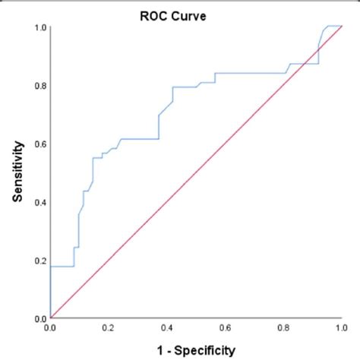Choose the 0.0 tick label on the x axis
point(50,329)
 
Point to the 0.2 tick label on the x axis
point(109,329)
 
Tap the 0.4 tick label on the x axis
point(166,329)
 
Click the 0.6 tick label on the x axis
point(225,329)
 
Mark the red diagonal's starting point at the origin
point(50,318)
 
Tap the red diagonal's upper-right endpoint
point(341,27)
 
